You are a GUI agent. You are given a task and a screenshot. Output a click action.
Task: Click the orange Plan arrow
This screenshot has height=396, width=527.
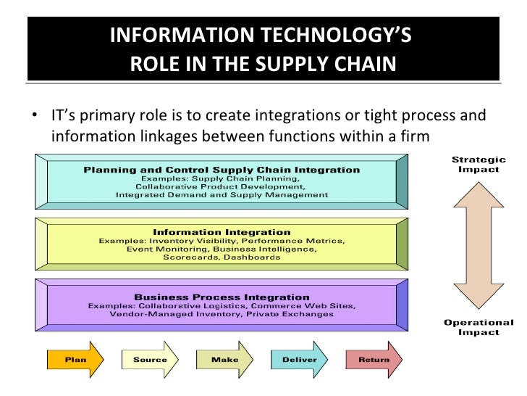coord(72,360)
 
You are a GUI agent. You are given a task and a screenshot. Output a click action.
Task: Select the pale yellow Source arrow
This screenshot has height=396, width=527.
coord(149,360)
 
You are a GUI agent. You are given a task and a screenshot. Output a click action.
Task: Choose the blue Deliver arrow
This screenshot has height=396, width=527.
coord(298,360)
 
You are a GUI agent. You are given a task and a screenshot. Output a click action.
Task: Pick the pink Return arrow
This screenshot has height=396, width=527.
coord(373,360)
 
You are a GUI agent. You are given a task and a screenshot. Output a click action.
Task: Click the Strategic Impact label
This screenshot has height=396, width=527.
coord(478,164)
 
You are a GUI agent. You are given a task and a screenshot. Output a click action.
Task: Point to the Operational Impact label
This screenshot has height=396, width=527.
coord(478,327)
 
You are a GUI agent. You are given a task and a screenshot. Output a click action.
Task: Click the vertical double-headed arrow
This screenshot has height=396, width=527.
coord(478,246)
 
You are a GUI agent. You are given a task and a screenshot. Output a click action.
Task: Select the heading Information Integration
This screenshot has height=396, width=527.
coord(222,232)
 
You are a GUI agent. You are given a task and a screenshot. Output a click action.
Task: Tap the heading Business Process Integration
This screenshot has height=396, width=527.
coord(222,297)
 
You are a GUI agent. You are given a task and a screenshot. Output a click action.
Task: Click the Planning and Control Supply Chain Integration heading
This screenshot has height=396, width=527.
coord(222,170)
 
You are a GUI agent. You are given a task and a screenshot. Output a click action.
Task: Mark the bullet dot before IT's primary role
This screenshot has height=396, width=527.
coord(34,117)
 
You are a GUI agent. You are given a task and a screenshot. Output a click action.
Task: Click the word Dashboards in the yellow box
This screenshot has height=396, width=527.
coord(252,257)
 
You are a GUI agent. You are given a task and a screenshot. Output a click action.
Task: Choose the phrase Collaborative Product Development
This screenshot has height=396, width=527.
coord(222,186)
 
